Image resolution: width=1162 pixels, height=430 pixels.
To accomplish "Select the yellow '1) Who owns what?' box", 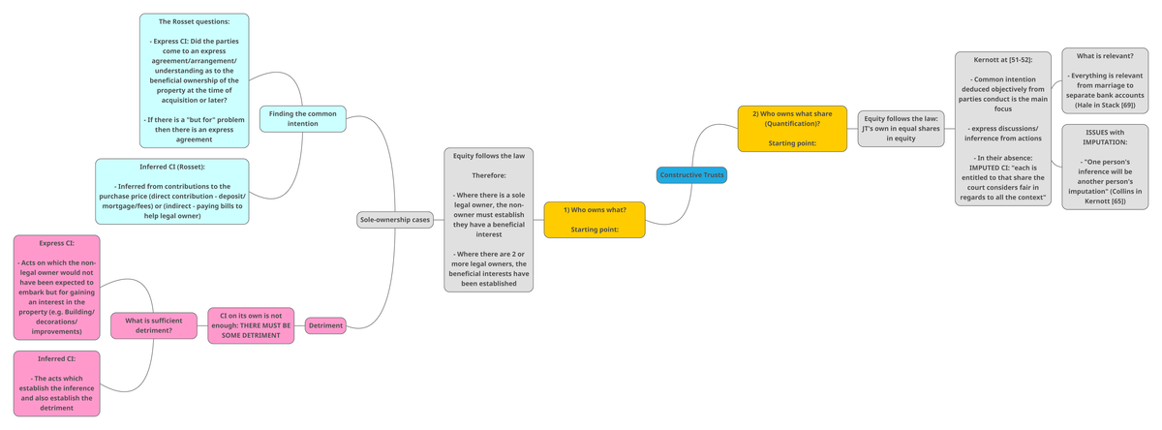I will [595, 220].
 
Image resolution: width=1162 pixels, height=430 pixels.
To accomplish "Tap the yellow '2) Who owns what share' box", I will [792, 129].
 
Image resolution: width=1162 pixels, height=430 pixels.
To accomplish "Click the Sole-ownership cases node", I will [395, 220].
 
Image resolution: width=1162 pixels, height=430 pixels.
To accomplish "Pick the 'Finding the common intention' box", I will [302, 118].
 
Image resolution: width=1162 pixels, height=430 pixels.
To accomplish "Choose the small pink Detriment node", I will [325, 325].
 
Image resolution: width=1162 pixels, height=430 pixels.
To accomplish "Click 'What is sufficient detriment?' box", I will [154, 325].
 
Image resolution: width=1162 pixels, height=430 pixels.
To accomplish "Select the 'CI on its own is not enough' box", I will [251, 325].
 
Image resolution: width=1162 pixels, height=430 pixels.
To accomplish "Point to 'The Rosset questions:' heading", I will [194, 21].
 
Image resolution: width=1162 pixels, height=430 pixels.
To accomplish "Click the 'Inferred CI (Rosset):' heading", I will [172, 167].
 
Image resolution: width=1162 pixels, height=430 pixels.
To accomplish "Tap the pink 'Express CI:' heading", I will [56, 243].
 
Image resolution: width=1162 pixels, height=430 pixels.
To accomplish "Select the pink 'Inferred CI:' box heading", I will [56, 359].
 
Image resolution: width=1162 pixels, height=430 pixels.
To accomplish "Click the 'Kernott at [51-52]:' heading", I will [1002, 60].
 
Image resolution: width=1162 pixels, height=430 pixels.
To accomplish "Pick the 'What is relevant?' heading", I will [1104, 56].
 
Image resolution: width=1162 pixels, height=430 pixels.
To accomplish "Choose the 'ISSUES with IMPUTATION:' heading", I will [1104, 138].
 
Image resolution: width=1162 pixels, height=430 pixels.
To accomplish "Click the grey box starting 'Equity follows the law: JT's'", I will [901, 128].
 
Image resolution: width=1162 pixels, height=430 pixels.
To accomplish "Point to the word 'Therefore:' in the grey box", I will [488, 175].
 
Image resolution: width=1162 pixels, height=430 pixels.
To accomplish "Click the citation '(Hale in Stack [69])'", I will [1104, 104].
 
